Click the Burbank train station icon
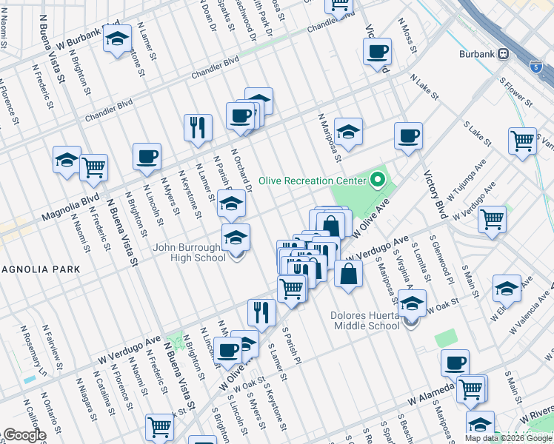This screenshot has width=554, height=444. [x=504, y=53]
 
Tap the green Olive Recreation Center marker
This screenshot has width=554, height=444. [x=378, y=180]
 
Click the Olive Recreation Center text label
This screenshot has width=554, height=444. [x=312, y=181]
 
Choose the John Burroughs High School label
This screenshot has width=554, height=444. [x=190, y=252]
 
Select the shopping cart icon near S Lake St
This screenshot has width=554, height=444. [x=522, y=140]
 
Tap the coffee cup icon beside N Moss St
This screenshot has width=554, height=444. [x=378, y=51]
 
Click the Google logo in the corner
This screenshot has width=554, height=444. [x=24, y=435]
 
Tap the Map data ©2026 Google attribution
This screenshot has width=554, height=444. [x=507, y=438]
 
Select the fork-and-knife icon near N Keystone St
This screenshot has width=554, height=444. [x=198, y=127]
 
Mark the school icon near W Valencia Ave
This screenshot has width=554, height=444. [x=507, y=289]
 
